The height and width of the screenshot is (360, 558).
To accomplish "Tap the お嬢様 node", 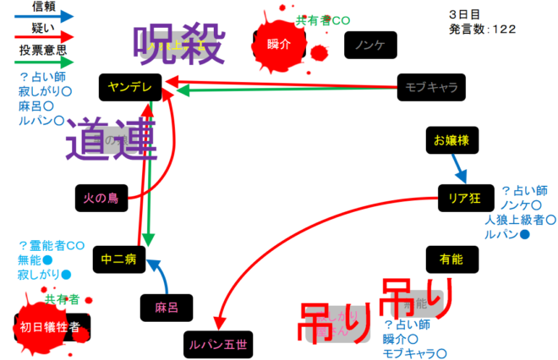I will pyautogui.click(x=451, y=139).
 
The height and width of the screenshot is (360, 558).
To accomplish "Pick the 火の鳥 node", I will pyautogui.click(x=101, y=199).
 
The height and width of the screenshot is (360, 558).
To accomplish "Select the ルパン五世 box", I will pyautogui.click(x=217, y=344).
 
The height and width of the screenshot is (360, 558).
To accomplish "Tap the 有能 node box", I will pyautogui.click(x=451, y=259).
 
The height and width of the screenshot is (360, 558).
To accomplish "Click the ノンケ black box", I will pyautogui.click(x=370, y=45).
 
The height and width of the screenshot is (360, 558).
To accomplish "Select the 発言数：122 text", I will pyautogui.click(x=483, y=29).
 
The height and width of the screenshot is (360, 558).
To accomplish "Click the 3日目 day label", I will pyautogui.click(x=465, y=14).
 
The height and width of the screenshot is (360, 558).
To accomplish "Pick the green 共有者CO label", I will pyautogui.click(x=323, y=20).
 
